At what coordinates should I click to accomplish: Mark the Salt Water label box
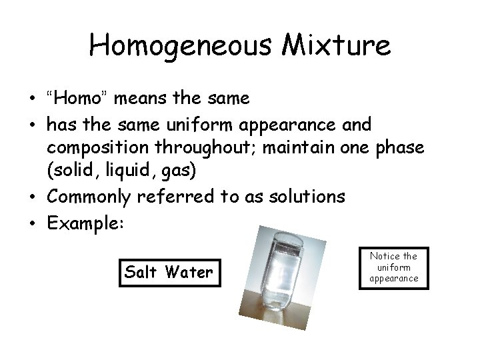[169, 271]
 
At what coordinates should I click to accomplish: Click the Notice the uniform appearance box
[393, 267]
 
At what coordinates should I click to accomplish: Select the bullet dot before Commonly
[33, 196]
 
